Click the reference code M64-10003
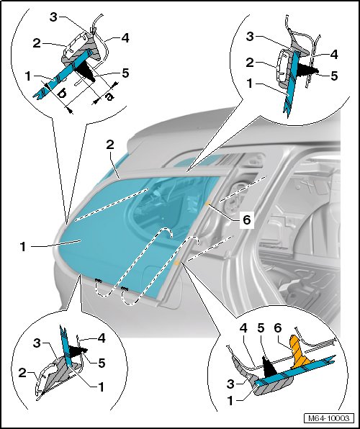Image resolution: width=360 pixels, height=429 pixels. (x=329, y=418)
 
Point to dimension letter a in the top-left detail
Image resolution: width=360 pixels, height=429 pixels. (x=109, y=96)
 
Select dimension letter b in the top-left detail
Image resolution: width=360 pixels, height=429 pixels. (x=62, y=94)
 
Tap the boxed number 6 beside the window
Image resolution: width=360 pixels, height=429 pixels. (x=247, y=220)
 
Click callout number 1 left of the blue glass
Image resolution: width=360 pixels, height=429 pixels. (x=23, y=247)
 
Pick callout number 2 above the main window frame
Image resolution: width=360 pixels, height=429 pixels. (x=110, y=145)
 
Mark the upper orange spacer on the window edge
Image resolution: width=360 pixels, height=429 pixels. (x=208, y=204)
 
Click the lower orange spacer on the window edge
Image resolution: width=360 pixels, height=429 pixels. (x=177, y=263)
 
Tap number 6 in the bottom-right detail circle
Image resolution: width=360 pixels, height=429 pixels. (x=278, y=328)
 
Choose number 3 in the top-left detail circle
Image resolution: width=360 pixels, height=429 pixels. (x=53, y=17)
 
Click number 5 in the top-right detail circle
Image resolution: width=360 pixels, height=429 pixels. (x=334, y=76)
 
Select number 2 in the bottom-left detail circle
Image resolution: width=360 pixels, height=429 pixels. (x=22, y=373)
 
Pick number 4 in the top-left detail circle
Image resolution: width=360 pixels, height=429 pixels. (x=125, y=38)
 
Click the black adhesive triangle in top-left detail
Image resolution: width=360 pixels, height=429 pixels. (x=85, y=69)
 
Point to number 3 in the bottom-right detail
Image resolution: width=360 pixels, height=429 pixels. (x=231, y=384)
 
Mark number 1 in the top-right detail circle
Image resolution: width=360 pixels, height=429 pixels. (x=249, y=84)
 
